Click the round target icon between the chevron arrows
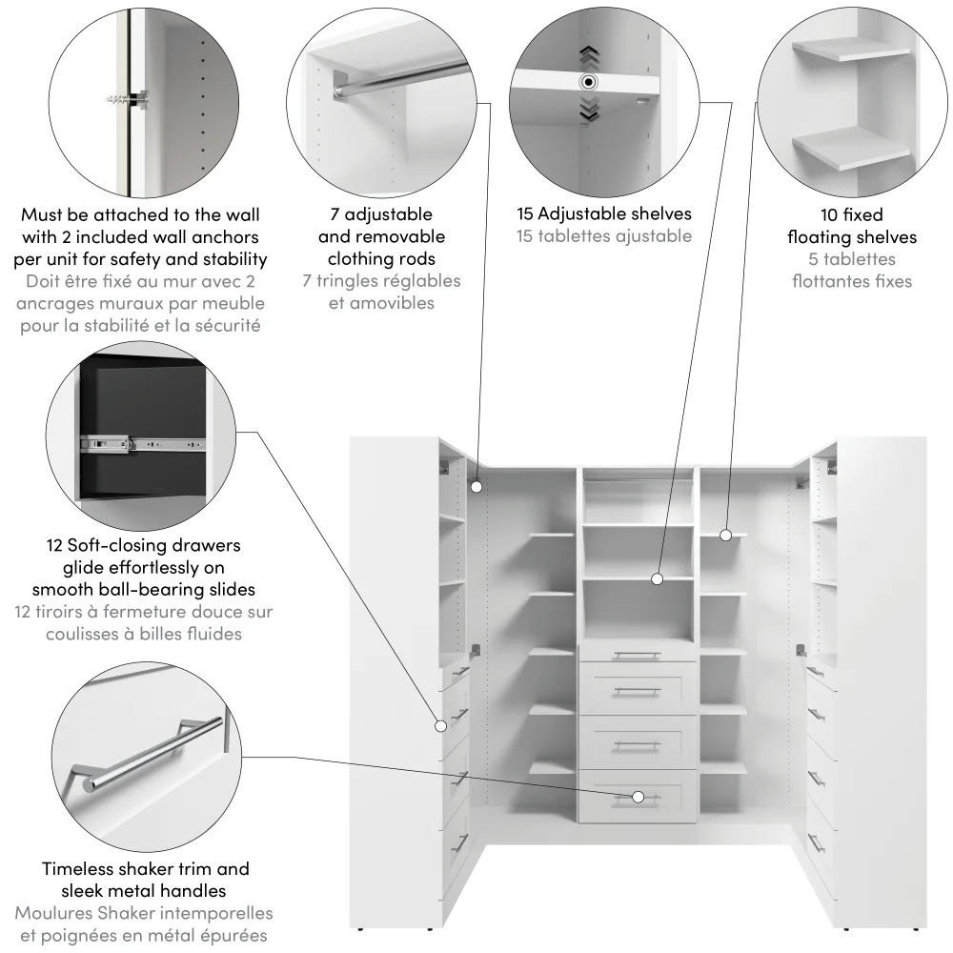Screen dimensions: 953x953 pos(589,82)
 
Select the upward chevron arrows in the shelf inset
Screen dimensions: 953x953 pos(589,54)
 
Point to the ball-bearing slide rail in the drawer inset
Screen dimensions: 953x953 pos(143,443)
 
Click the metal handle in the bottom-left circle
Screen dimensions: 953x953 pos(152,752)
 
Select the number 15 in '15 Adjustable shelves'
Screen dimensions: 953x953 pos(525,214)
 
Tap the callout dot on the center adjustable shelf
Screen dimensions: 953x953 pos(657,578)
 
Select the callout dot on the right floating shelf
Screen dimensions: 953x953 pos(725,536)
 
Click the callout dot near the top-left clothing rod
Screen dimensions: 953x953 pos(476,486)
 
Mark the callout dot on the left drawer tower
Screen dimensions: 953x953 pos(441,726)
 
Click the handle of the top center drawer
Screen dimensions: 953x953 pos(637,655)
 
